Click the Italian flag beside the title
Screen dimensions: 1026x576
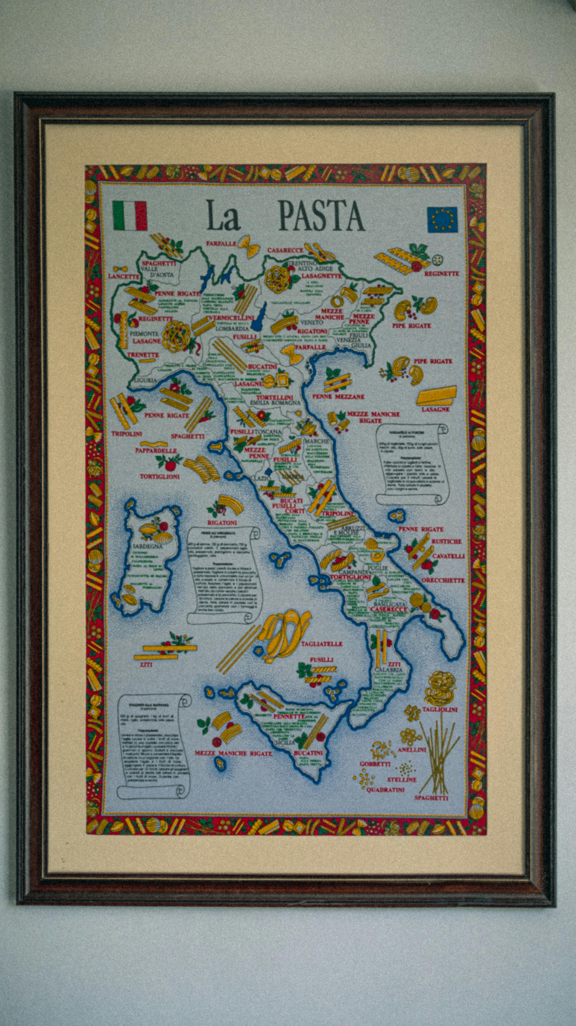tap(130, 216)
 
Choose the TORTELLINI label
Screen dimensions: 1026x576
tap(275, 397)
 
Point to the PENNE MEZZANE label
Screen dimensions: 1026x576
tap(338, 397)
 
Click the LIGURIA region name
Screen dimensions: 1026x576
tap(145, 380)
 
